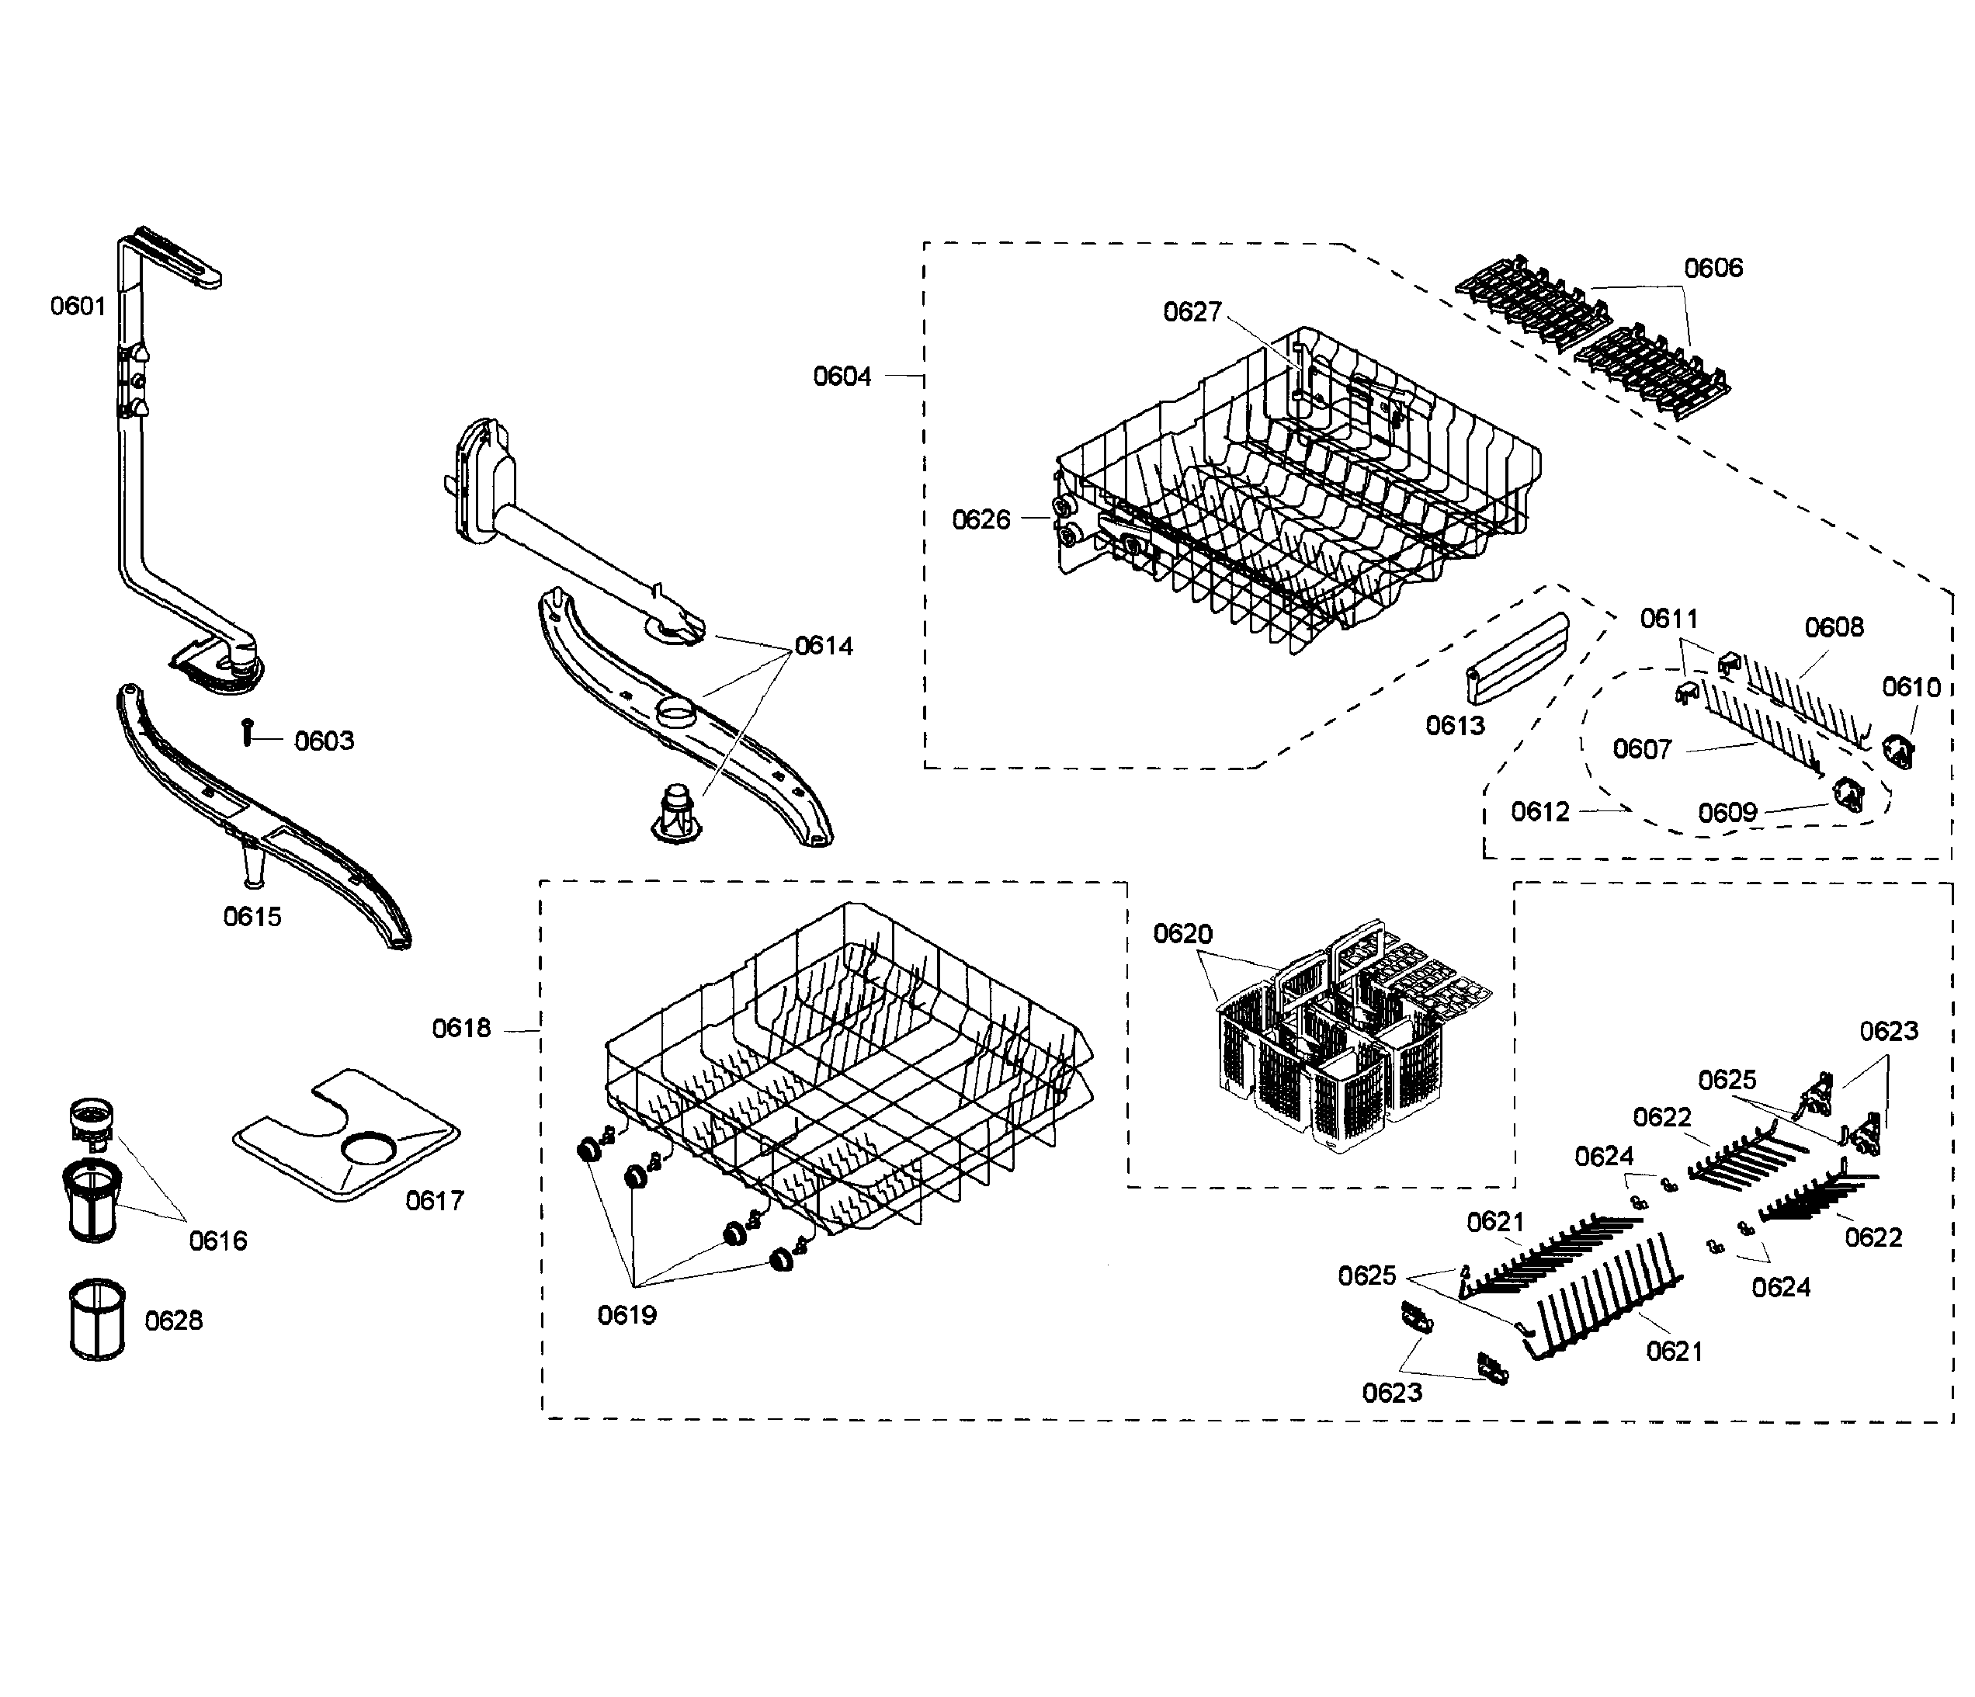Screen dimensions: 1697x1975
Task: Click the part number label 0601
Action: point(78,306)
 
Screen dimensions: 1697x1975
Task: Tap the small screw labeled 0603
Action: point(247,732)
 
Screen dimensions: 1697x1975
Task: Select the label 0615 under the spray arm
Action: point(252,916)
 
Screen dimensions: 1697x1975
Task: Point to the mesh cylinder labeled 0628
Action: point(97,1320)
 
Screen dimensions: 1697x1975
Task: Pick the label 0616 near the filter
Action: point(218,1241)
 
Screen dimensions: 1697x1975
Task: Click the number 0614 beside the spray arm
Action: point(824,647)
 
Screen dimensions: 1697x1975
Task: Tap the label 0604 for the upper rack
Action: point(842,377)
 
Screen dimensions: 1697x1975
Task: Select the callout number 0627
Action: point(1192,312)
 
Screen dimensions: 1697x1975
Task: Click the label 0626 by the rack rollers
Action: point(981,519)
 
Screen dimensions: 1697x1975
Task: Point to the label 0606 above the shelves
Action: point(1713,268)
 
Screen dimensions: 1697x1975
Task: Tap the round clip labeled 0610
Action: point(1900,749)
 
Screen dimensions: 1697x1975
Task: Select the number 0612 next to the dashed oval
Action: point(1539,811)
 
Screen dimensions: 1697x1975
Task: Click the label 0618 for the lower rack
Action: point(461,1028)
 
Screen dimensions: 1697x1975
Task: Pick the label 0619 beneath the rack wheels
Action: point(627,1315)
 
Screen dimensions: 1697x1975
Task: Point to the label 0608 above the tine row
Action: point(1834,627)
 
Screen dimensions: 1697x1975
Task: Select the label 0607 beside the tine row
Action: point(1641,749)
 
